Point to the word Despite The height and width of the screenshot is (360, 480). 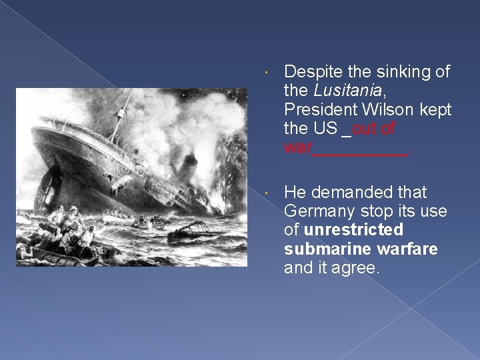[311, 71]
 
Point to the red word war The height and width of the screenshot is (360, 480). [297, 147]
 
